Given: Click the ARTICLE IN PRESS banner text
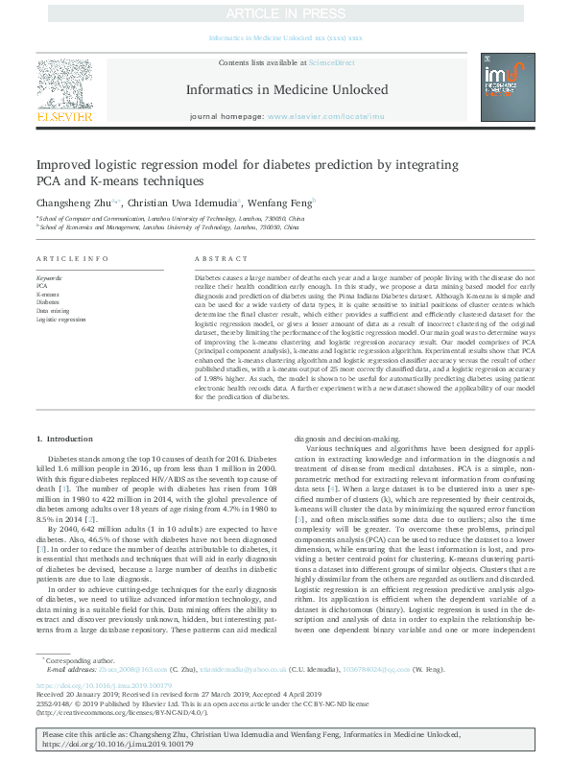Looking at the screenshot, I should point(285,14).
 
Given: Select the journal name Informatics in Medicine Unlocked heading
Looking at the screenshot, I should point(285,89).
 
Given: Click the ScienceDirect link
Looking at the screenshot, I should point(329,62).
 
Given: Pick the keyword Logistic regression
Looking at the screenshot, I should point(60,320).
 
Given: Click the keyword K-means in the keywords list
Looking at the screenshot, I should point(48,294).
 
